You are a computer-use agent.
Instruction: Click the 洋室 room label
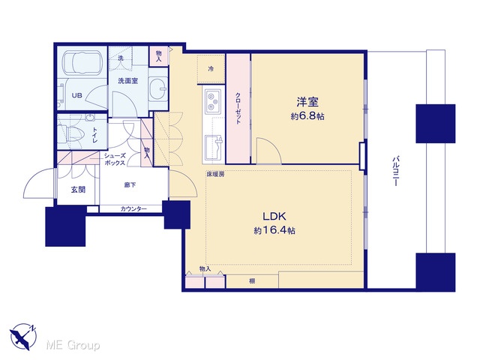[307, 102]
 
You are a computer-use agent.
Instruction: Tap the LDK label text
[274, 217]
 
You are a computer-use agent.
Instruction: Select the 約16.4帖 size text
[274, 230]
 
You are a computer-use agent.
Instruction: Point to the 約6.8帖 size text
[307, 116]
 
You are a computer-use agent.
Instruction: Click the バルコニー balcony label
[395, 171]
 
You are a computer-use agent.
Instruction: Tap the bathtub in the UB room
[82, 63]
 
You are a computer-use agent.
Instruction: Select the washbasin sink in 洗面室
[158, 88]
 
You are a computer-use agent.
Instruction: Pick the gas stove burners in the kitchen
[213, 100]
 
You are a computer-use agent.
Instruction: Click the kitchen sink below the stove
[214, 147]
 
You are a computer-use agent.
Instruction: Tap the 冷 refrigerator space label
[211, 69]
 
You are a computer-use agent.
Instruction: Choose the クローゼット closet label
[238, 108]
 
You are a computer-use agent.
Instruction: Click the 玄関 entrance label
[78, 190]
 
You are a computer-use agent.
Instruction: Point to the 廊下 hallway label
[130, 185]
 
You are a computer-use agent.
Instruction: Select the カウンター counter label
[133, 209]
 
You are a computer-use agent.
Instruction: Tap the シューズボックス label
[115, 159]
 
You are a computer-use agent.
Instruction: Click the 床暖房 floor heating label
[215, 174]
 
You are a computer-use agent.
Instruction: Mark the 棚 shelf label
[252, 281]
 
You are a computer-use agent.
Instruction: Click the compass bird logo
[23, 337]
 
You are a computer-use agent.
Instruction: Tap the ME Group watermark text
[73, 345]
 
